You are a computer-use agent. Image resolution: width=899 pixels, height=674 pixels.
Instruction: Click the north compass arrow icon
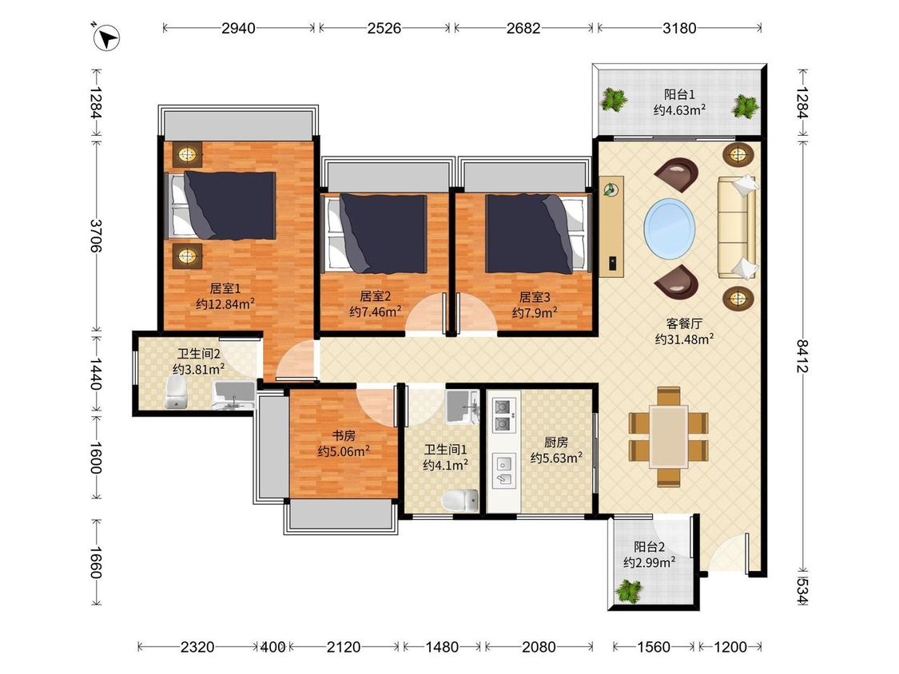[x=106, y=38]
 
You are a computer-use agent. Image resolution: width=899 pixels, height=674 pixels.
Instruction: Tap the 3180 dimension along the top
[x=679, y=27]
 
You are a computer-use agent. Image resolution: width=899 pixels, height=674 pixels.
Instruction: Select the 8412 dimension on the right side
[x=802, y=356]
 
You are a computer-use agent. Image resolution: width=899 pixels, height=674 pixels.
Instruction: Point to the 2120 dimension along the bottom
[x=344, y=647]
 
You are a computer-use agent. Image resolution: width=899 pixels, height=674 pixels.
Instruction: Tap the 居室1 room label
[x=225, y=288]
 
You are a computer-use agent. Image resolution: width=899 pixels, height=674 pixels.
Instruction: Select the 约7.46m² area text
[x=376, y=311]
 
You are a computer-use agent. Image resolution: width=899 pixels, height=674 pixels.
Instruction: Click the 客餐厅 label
[x=684, y=323]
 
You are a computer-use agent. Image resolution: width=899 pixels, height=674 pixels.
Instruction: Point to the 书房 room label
[x=344, y=435]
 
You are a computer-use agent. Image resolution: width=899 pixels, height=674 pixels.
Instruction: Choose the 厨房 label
[x=556, y=442]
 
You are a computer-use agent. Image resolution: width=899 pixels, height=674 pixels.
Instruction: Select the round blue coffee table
[x=670, y=228]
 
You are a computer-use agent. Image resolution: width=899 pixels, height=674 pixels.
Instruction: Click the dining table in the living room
[x=669, y=436]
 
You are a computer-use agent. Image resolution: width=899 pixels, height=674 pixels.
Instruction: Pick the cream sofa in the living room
[x=738, y=228]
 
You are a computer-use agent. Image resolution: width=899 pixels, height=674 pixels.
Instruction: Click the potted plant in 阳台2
[x=629, y=591]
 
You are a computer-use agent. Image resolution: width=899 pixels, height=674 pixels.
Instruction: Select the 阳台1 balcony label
[x=679, y=94]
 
